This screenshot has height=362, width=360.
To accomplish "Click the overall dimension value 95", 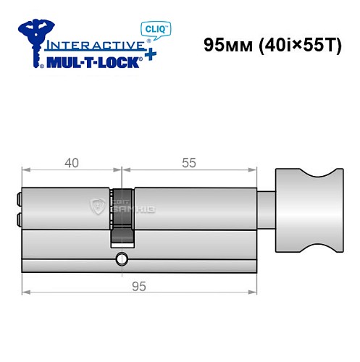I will [x=140, y=285].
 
